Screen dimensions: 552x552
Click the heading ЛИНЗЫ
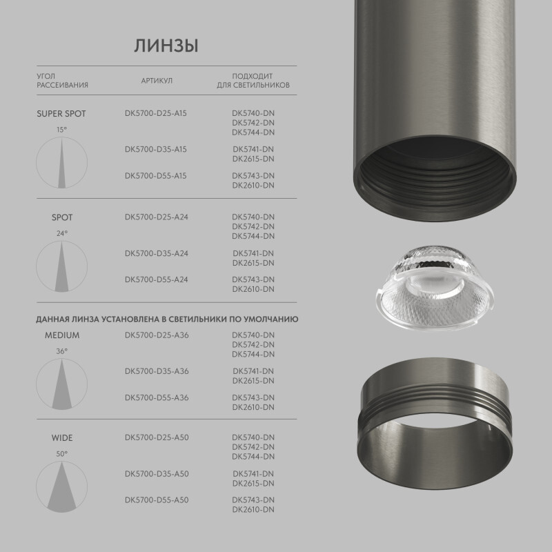click(x=166, y=46)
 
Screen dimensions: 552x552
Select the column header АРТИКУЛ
click(x=157, y=81)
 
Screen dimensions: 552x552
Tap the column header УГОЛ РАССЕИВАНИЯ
click(x=62, y=81)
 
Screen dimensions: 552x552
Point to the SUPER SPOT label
click(x=61, y=113)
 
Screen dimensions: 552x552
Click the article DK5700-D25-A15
click(x=156, y=113)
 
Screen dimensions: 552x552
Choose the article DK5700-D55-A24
click(x=157, y=279)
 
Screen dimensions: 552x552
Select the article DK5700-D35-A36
click(x=157, y=371)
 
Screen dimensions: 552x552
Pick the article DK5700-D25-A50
click(x=157, y=437)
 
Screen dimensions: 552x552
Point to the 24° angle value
click(x=62, y=233)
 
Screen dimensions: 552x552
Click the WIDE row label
click(x=62, y=437)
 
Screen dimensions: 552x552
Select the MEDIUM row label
click(x=62, y=335)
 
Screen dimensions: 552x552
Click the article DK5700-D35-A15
click(x=156, y=149)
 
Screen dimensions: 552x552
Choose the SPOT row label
click(x=62, y=217)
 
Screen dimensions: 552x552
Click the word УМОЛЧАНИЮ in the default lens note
click(x=273, y=320)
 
